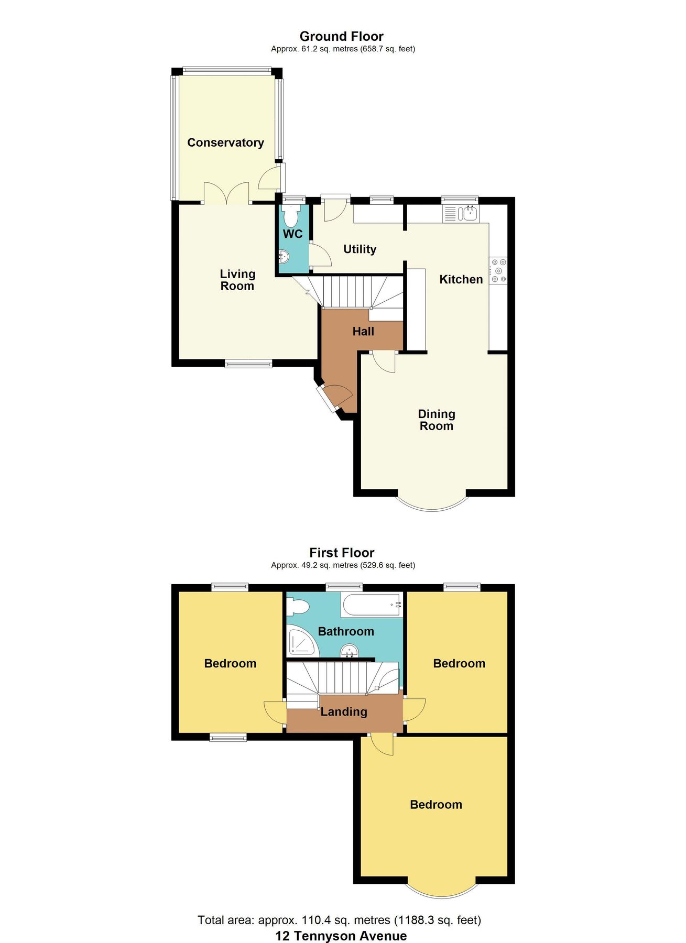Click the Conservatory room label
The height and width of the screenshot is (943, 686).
pos(225,142)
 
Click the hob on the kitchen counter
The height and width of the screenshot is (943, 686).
pos(498,270)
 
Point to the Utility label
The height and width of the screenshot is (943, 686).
pos(360,249)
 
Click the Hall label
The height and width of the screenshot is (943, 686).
pos(363,331)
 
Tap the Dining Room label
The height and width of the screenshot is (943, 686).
pos(436,420)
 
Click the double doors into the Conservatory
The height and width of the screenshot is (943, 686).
pos(226,194)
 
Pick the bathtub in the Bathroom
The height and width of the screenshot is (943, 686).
pos(372,605)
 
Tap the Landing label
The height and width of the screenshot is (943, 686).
pos(344,711)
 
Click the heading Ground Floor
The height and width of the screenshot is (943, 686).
pos(342,36)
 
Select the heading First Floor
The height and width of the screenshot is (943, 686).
pos(342,553)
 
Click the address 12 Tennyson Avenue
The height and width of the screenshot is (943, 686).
pos(341,936)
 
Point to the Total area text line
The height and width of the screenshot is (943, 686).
pos(339,920)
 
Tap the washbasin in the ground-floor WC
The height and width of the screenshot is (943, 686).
pos(284,257)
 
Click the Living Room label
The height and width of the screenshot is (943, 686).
pos(237,280)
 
